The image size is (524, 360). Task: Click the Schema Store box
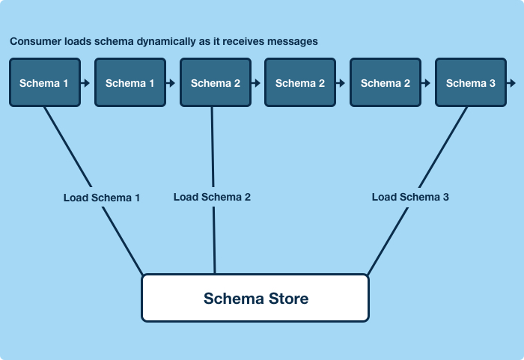(255, 298)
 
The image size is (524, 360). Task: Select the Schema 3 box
(470, 83)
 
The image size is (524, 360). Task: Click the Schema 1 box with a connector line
(44, 83)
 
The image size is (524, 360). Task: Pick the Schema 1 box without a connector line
(130, 83)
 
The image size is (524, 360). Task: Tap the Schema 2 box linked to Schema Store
(215, 83)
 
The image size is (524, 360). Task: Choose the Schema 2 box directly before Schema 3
(386, 83)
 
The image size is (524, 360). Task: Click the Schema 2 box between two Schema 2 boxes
(300, 83)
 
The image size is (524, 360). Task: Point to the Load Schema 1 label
(102, 198)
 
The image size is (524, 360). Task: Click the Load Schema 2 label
(212, 197)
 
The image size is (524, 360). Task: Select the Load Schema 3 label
(410, 197)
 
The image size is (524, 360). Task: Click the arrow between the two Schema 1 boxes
(87, 83)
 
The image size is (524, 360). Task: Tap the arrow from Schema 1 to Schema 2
(172, 83)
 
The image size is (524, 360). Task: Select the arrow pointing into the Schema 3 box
(427, 83)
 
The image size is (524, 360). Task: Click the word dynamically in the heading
(166, 42)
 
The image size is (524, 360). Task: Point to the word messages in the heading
(294, 42)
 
